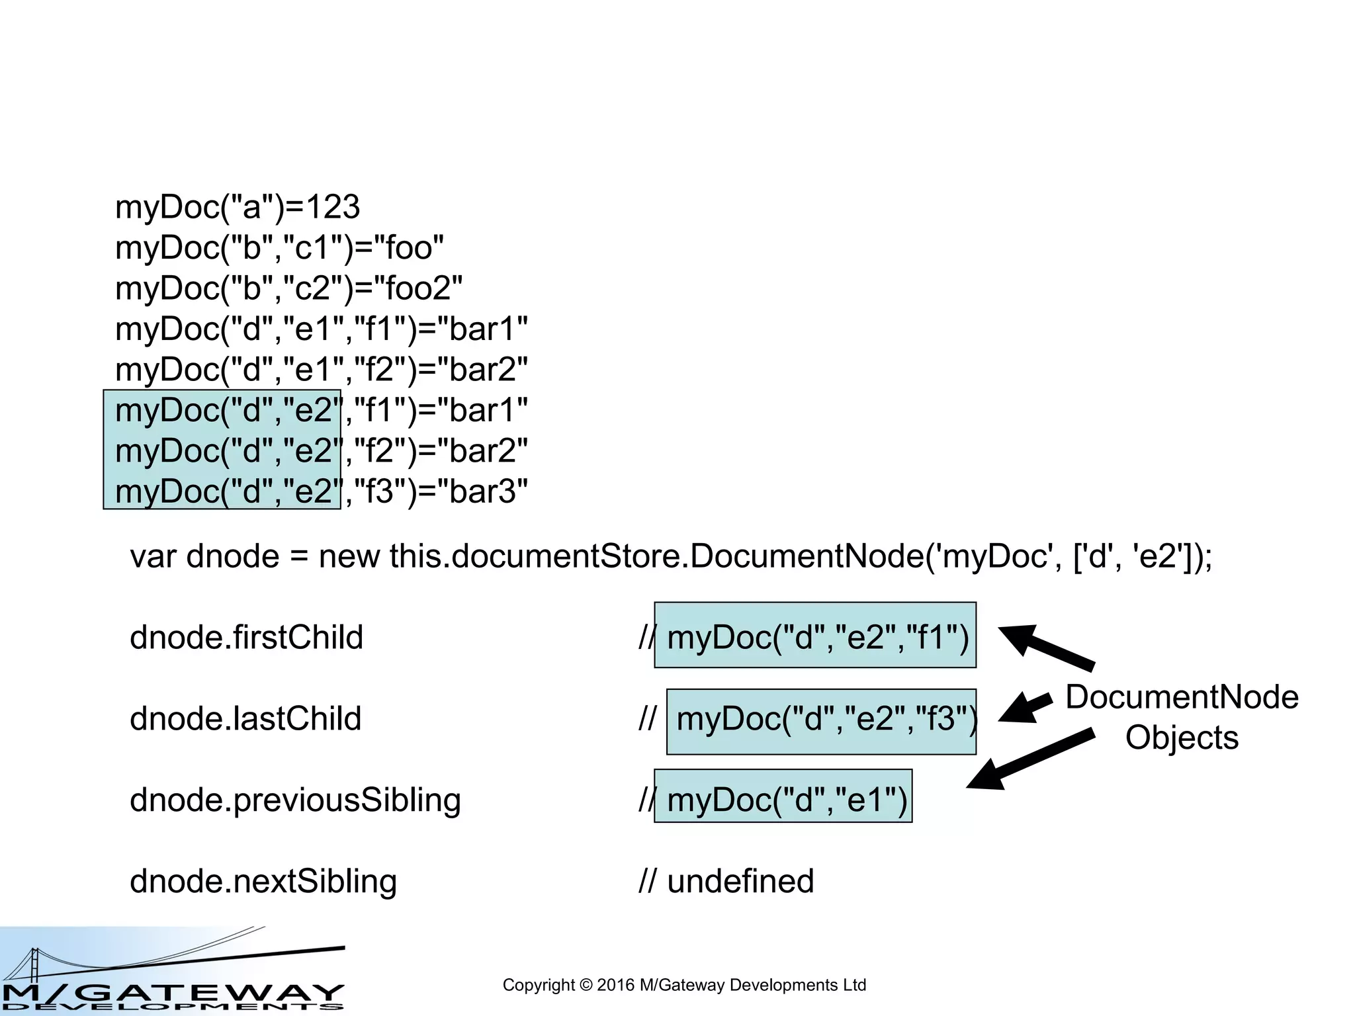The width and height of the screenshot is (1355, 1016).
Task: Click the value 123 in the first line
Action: pyautogui.click(x=333, y=208)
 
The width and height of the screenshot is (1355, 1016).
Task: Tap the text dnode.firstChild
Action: pyautogui.click(x=246, y=638)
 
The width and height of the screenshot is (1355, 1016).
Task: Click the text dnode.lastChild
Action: pyautogui.click(x=245, y=719)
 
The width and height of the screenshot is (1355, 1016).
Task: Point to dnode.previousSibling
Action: pyautogui.click(x=295, y=800)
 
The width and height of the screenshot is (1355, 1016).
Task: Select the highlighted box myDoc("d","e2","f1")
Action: pyautogui.click(x=815, y=636)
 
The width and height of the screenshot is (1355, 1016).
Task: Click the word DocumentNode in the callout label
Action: pyautogui.click(x=1182, y=697)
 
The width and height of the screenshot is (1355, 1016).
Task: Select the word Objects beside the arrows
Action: pyautogui.click(x=1182, y=738)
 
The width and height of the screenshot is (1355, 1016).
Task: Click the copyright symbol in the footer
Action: pyautogui.click(x=586, y=986)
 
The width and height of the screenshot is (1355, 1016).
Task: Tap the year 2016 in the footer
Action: pyautogui.click(x=615, y=986)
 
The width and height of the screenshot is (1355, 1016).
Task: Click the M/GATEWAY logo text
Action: pyautogui.click(x=172, y=992)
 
